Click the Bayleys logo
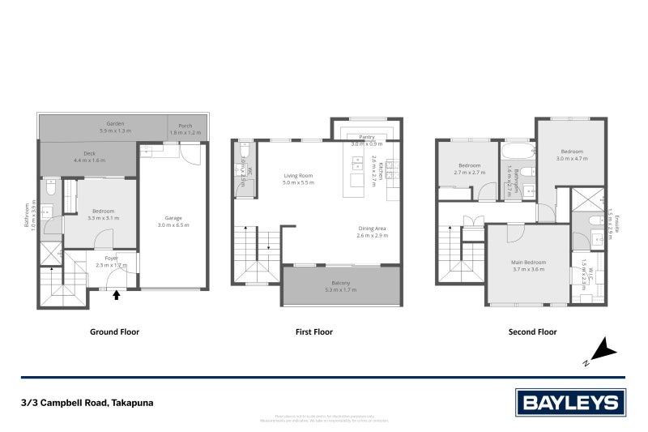point(570,402)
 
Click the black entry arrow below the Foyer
point(116,295)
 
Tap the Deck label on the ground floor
point(89,156)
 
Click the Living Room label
point(297,178)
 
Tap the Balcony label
point(340,284)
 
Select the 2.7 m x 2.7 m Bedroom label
point(469,169)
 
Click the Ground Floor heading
point(113,331)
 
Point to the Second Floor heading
point(531,331)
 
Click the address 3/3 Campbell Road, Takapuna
point(87,403)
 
